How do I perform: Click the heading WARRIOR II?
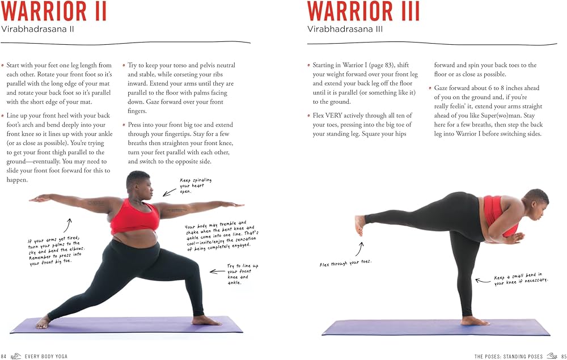tap(54, 11)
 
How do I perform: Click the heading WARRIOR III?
tap(363, 11)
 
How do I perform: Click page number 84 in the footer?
tap(3, 356)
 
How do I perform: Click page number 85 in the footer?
tap(563, 356)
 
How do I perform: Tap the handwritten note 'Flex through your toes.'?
tap(345, 264)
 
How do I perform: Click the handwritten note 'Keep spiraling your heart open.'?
tap(196, 185)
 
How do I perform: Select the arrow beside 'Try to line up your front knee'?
tap(217, 272)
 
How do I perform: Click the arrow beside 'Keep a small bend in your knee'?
tap(482, 280)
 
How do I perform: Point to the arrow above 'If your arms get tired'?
tap(69, 225)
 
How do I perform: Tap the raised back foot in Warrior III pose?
tap(359, 225)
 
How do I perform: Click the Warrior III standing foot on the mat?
tap(474, 321)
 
